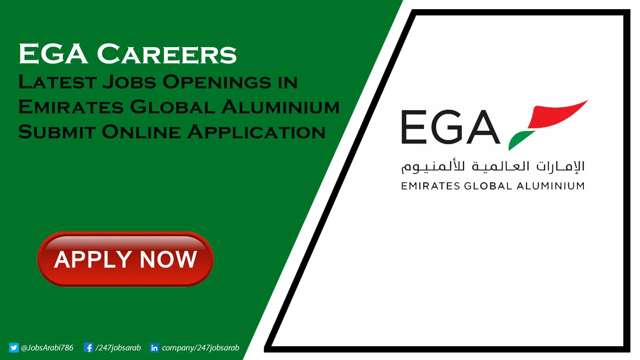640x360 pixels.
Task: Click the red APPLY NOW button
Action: point(125,259)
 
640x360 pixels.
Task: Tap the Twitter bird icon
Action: point(14,347)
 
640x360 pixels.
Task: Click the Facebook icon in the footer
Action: point(88,347)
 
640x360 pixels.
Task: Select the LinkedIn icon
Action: point(154,347)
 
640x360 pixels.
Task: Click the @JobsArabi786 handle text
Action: point(47,347)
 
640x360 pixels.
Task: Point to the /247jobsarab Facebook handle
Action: point(118,347)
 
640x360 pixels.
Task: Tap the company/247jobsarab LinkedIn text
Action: point(200,347)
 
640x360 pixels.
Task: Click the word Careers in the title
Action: point(167,55)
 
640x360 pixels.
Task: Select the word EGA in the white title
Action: point(53,55)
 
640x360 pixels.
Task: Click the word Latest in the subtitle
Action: point(57,82)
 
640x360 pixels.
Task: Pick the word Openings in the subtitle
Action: point(217,82)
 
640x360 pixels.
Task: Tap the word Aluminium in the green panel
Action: point(280,107)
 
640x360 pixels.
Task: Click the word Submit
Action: point(57,132)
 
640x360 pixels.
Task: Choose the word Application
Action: point(256,132)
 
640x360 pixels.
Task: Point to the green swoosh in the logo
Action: point(521,140)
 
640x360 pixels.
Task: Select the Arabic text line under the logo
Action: point(492,167)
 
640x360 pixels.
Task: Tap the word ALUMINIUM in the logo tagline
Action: point(550,186)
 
